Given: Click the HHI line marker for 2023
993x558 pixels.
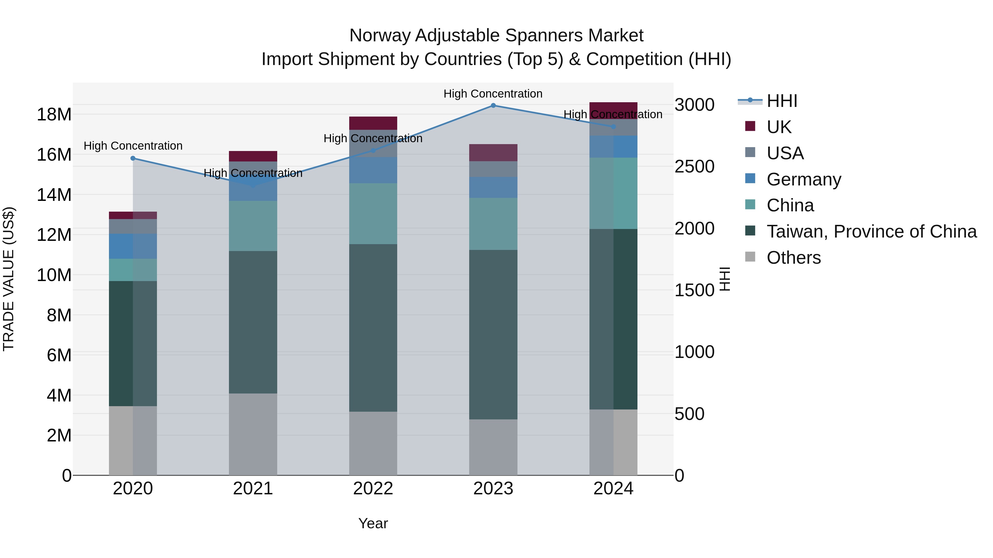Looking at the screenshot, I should point(493,106).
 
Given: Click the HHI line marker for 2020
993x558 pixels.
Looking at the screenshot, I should point(133,158).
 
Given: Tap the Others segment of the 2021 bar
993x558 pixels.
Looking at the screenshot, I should point(253,434).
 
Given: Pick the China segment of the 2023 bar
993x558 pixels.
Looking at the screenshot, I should point(493,224).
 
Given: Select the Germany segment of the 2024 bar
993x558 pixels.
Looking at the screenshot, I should point(613,146).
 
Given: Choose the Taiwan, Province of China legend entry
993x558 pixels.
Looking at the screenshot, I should point(871,231).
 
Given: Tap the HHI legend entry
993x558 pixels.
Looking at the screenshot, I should point(782,101).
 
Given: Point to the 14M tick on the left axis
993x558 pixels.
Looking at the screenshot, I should point(54,195).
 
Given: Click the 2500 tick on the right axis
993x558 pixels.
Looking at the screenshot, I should point(694,167).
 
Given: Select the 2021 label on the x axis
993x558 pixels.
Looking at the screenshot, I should point(253,489).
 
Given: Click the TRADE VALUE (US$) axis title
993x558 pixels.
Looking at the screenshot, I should point(9,279).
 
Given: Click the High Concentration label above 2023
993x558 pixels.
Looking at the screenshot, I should point(493,94).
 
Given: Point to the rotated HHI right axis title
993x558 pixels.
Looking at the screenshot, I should point(725,279).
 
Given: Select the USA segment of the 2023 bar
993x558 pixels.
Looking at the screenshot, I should point(493,169).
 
